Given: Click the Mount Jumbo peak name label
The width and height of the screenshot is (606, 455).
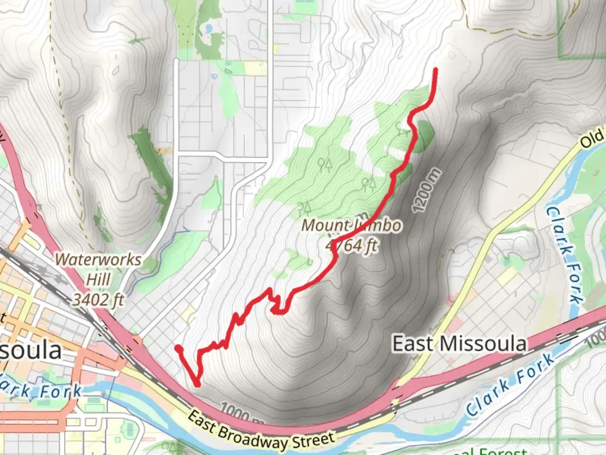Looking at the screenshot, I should click(x=351, y=226).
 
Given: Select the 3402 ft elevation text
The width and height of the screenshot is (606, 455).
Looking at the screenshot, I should click(x=98, y=300).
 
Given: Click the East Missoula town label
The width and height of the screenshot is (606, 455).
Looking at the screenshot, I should click(x=459, y=344).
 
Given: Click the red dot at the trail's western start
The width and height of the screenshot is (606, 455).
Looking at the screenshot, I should click(x=178, y=348).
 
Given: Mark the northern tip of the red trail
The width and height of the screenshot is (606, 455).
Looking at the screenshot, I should click(x=435, y=69).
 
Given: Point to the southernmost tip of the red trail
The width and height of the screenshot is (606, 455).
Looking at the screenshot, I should click(x=197, y=384).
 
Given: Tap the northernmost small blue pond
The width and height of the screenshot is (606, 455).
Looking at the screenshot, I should click(x=207, y=29).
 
